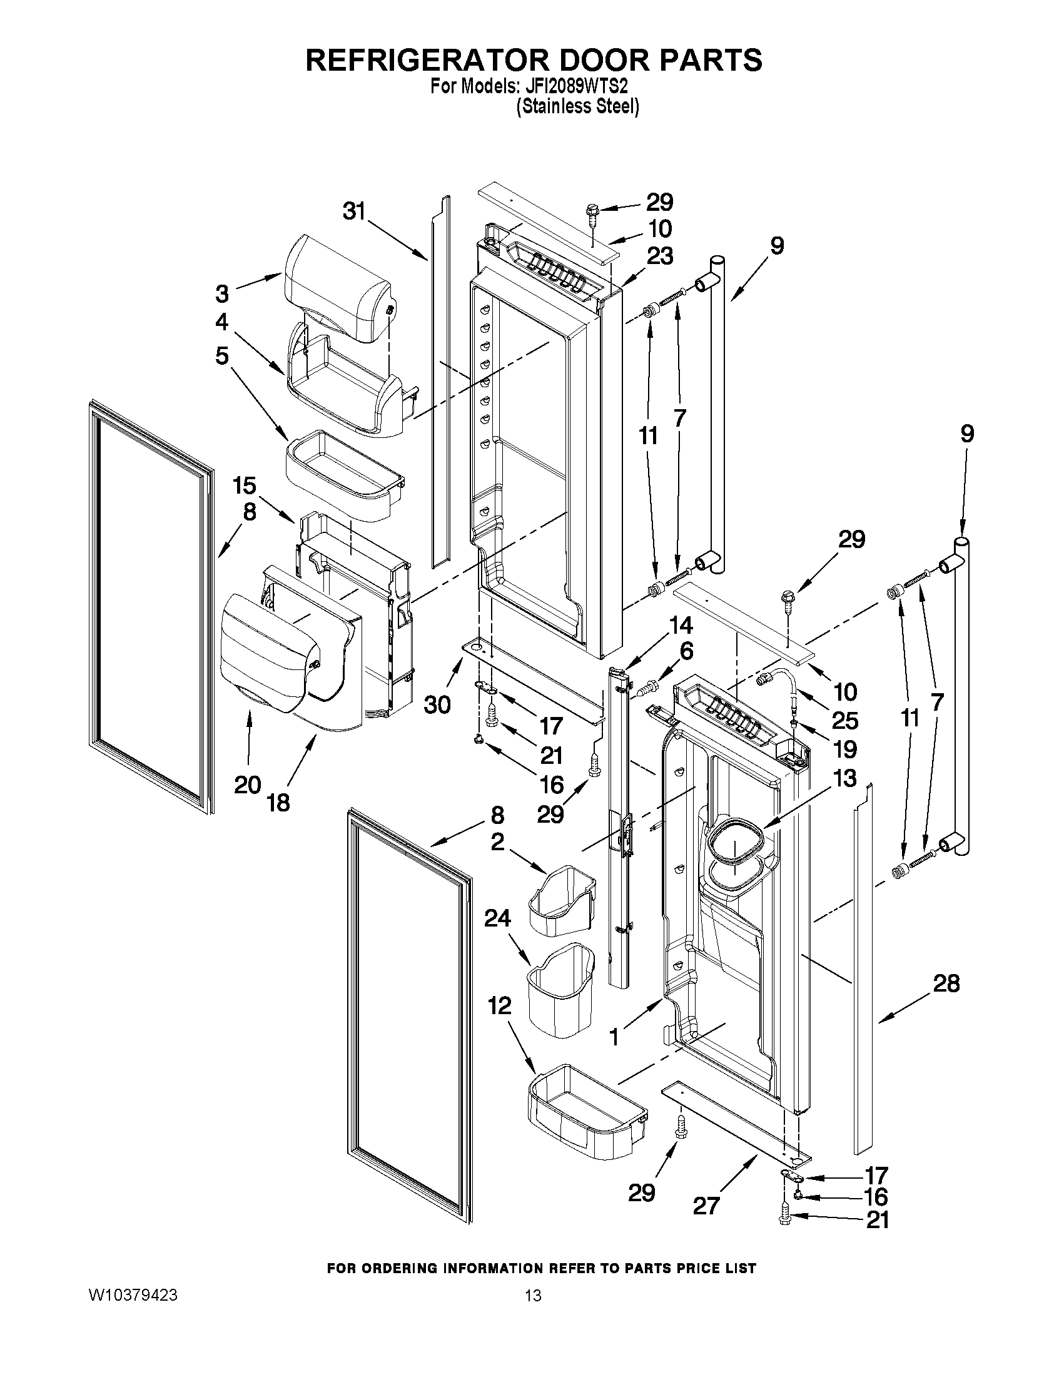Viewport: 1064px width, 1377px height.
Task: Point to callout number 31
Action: tap(354, 212)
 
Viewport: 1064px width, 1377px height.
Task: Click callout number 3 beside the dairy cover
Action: tap(222, 293)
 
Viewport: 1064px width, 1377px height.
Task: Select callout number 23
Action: tap(659, 256)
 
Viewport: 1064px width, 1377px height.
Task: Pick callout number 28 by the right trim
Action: tap(946, 983)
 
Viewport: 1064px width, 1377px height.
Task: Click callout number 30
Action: tap(437, 704)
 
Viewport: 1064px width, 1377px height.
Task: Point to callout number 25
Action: tap(844, 720)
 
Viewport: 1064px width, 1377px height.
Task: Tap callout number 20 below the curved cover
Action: tap(248, 785)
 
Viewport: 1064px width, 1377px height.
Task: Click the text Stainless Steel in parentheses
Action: tap(577, 106)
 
